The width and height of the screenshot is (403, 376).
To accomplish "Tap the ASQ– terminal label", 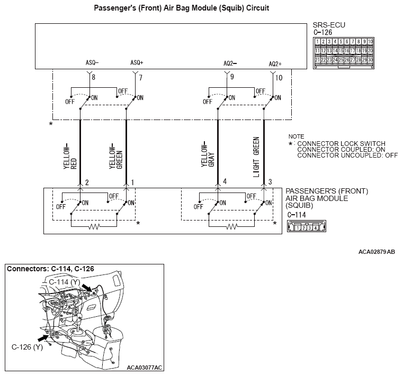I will click(x=92, y=62).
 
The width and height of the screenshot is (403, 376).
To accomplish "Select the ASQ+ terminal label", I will click(x=137, y=62).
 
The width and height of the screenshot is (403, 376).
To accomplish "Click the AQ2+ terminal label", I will click(x=275, y=63).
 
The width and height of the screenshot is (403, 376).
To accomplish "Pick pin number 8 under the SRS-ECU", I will click(x=93, y=78).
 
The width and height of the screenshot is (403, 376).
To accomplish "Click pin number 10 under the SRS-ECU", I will click(x=279, y=78).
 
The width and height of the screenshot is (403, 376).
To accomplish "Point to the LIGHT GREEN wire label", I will click(x=256, y=157).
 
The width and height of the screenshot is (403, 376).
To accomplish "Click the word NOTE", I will click(x=297, y=136).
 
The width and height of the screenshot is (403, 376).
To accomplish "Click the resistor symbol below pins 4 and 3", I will click(x=232, y=226).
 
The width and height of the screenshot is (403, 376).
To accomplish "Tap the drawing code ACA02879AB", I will click(x=377, y=252).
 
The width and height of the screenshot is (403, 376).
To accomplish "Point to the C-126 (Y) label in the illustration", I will click(x=26, y=347).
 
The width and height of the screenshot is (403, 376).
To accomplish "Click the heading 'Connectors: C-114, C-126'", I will click(x=50, y=269).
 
